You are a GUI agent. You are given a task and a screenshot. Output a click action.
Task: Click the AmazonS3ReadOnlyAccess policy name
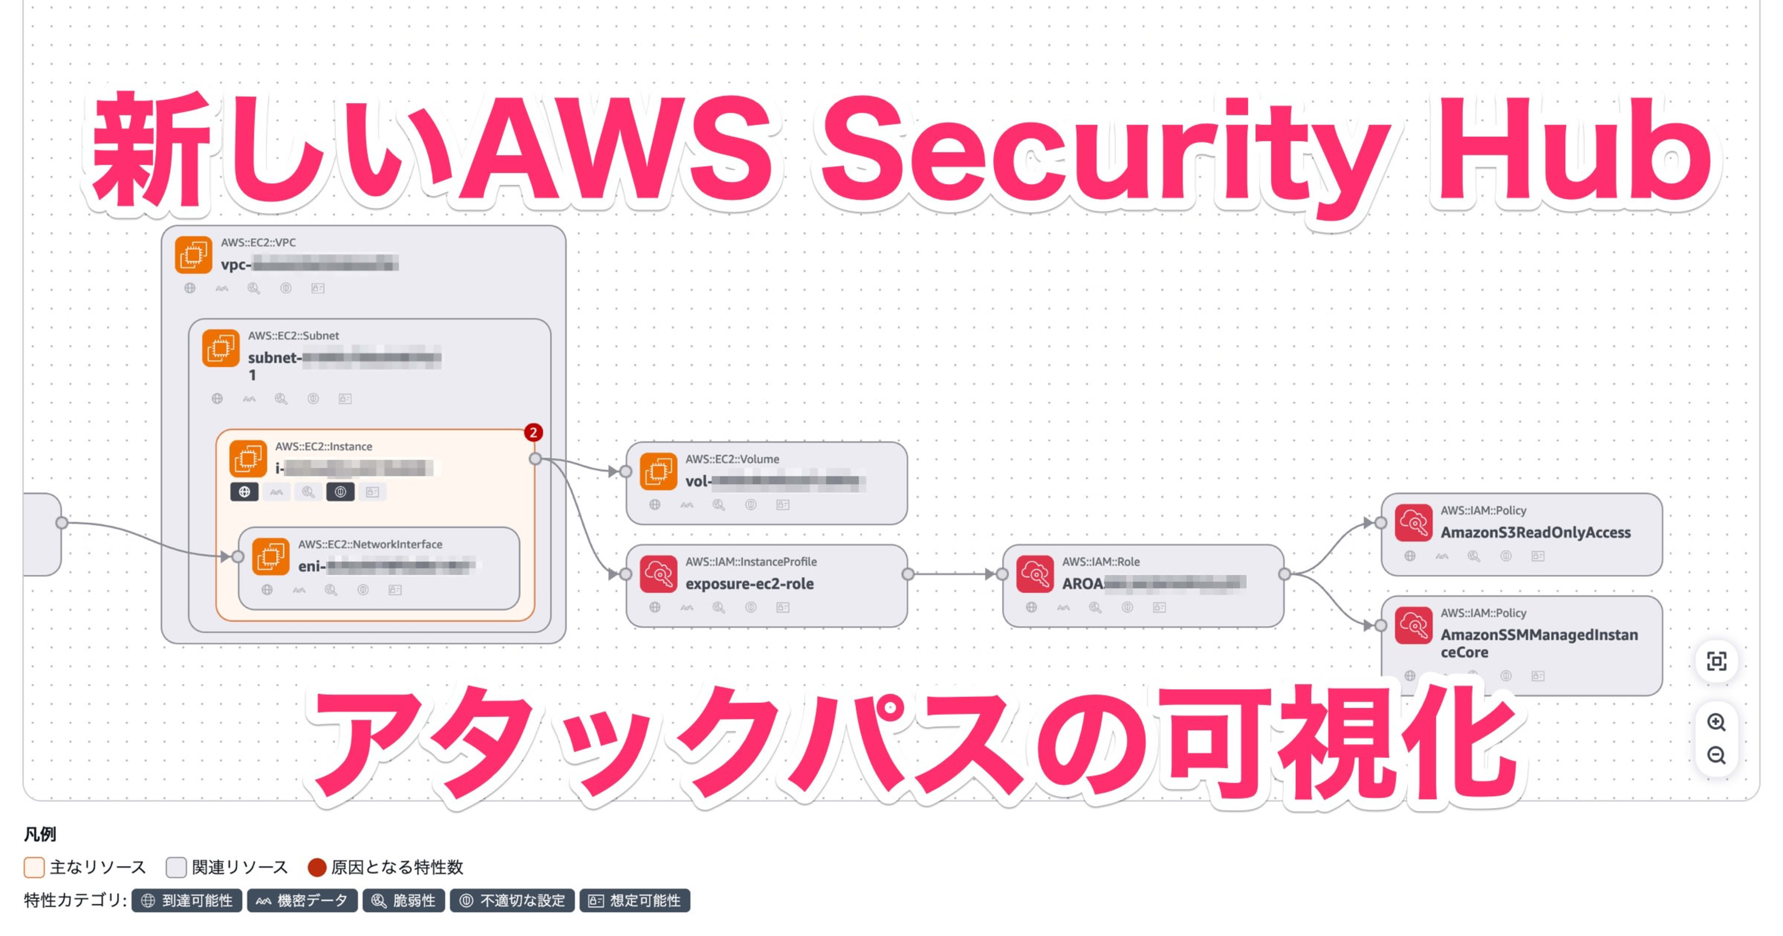1535,533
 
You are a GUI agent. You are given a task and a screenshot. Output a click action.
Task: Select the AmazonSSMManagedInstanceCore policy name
1539,643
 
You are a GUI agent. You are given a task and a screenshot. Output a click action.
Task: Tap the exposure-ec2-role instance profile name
749,584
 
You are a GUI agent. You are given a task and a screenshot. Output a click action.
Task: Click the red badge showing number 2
532,433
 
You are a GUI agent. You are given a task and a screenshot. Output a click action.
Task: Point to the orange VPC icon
193,255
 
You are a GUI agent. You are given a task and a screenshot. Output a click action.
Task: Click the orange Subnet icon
220,348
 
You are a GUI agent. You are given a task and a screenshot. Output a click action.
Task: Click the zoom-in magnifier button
1716,722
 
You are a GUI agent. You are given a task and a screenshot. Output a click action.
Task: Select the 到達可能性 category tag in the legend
187,901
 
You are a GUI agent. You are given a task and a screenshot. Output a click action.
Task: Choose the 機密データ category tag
302,901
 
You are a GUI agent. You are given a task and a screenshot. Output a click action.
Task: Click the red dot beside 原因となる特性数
317,867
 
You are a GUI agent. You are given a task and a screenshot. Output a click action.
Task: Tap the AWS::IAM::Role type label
1100,561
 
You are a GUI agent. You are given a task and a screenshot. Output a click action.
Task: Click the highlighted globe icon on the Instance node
244,492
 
